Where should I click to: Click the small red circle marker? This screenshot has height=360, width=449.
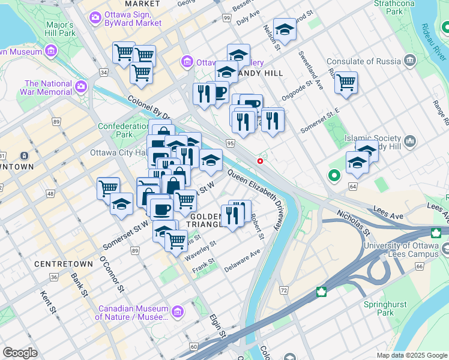(x=260, y=161)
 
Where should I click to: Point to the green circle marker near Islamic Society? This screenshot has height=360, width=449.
(x=334, y=176)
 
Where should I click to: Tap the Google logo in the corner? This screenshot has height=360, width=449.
(x=20, y=353)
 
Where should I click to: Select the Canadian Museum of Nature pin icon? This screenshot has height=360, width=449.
(x=178, y=311)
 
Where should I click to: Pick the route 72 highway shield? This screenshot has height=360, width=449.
(x=284, y=290)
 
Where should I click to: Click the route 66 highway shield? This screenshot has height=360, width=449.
(x=418, y=265)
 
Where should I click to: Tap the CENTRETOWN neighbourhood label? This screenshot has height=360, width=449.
(x=64, y=264)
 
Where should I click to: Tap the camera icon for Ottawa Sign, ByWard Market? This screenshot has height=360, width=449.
(x=95, y=17)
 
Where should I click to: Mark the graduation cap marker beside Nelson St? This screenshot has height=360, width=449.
(x=284, y=29)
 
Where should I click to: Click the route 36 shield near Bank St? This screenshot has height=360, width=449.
(x=54, y=277)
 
